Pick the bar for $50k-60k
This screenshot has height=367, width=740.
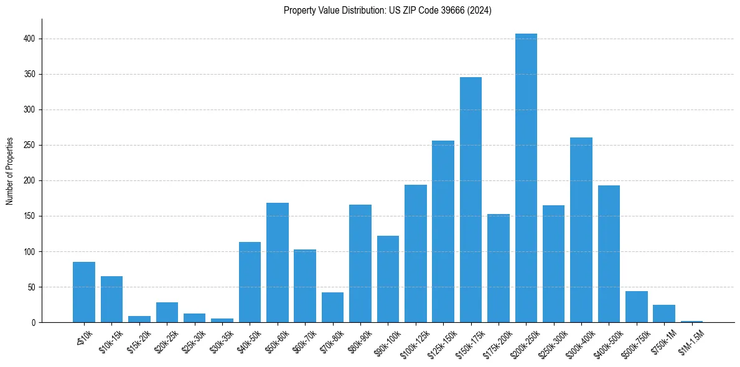pyautogui.click(x=278, y=262)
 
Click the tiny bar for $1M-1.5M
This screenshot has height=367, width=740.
pyautogui.click(x=691, y=322)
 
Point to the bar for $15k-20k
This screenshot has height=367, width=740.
pyautogui.click(x=139, y=319)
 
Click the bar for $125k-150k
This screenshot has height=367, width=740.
pyautogui.click(x=443, y=231)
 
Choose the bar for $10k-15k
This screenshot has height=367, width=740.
pyautogui.click(x=111, y=299)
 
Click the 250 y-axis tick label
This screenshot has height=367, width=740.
pyautogui.click(x=32, y=145)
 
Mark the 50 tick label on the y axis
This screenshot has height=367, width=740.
pyautogui.click(x=34, y=287)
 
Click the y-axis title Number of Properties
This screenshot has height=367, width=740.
pyautogui.click(x=10, y=170)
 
